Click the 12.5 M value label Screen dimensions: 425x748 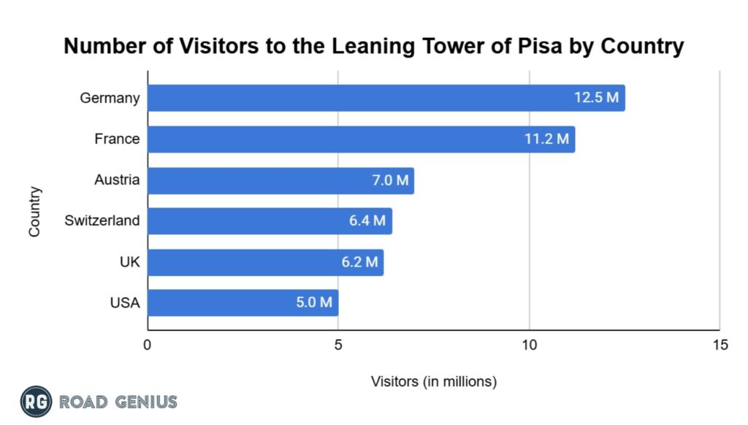click(596, 98)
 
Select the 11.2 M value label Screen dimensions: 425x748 click(546, 139)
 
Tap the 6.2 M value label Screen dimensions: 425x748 click(360, 262)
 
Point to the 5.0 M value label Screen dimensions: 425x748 click(315, 303)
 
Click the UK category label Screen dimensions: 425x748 click(129, 261)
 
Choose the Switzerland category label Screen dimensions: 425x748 click(102, 221)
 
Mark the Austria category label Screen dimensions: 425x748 click(117, 180)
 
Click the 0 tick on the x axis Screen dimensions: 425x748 click(148, 345)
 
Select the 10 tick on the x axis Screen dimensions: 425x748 click(529, 345)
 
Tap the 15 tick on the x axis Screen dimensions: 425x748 click(720, 345)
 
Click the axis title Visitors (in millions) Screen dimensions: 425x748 click(434, 381)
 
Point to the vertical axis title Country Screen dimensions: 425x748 click(34, 212)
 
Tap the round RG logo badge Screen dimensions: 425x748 click(35, 401)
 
